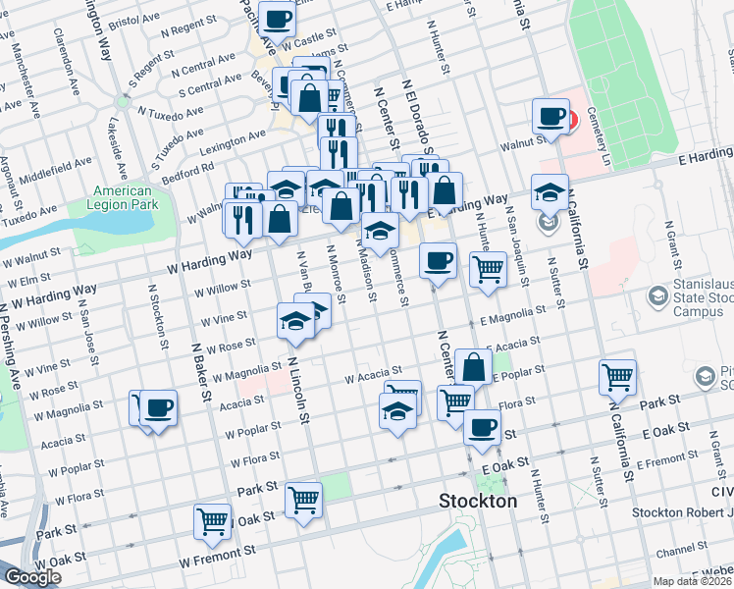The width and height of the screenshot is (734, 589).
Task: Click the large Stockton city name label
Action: pos(476,501)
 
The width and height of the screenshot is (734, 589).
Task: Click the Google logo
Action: pos(32,577)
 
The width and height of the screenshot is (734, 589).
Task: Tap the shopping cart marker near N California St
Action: pos(617,377)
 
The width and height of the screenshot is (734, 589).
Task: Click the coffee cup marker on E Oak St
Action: pos(481,427)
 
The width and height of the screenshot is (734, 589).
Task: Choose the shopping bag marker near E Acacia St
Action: pos(473,367)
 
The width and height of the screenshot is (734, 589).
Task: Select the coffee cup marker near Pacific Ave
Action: pos(278,19)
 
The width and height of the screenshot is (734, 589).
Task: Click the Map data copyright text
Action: pos(693,581)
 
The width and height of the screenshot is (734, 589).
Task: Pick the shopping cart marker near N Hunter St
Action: pos(487,268)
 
